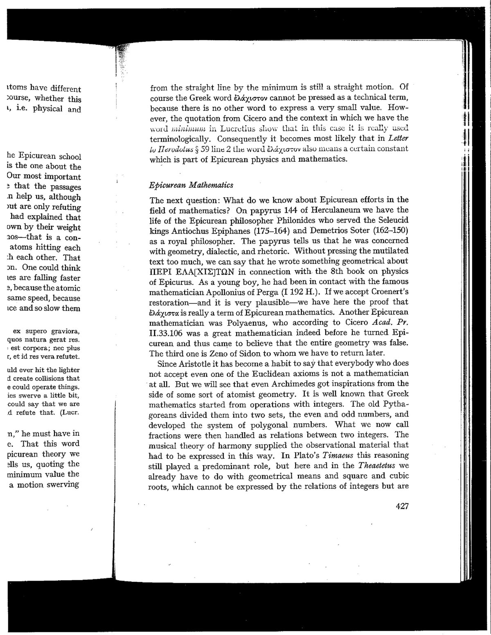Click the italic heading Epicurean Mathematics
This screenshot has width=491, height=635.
(x=191, y=185)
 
